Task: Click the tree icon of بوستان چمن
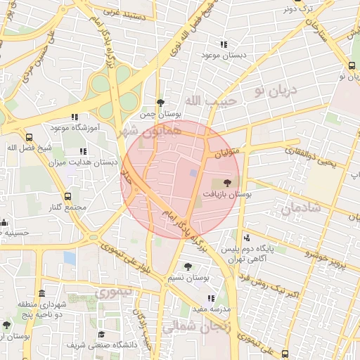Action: click(160, 102)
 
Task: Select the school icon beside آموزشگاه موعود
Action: click(75, 117)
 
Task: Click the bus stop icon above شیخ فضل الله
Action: click(29, 137)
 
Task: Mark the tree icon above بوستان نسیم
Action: click(188, 266)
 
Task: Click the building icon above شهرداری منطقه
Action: click(42, 293)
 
